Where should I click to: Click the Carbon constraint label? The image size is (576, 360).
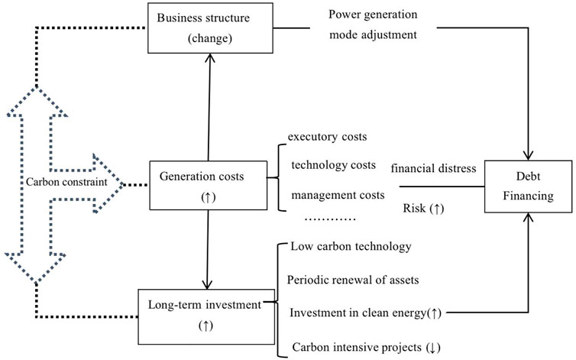click(x=66, y=182)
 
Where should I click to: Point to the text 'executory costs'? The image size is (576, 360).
click(x=327, y=137)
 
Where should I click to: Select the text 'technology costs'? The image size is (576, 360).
click(x=334, y=165)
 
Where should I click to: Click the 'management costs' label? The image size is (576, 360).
click(x=338, y=195)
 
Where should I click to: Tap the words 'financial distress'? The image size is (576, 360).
click(x=433, y=168)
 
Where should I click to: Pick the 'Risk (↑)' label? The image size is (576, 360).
click(x=423, y=209)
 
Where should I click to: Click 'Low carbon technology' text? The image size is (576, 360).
click(x=351, y=246)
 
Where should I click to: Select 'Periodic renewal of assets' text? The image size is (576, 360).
click(x=353, y=280)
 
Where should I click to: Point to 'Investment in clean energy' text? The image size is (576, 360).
click(x=358, y=313)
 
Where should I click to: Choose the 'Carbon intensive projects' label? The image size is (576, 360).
click(x=357, y=347)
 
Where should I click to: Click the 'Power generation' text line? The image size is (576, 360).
click(x=373, y=15)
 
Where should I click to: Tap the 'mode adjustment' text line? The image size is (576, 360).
click(x=373, y=35)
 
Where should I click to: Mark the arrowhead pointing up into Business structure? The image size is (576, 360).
click(x=210, y=58)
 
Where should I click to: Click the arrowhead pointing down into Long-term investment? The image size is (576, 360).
click(x=207, y=284)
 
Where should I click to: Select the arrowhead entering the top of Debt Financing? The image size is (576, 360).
click(x=528, y=155)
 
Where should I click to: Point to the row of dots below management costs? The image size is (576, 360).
click(x=330, y=219)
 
